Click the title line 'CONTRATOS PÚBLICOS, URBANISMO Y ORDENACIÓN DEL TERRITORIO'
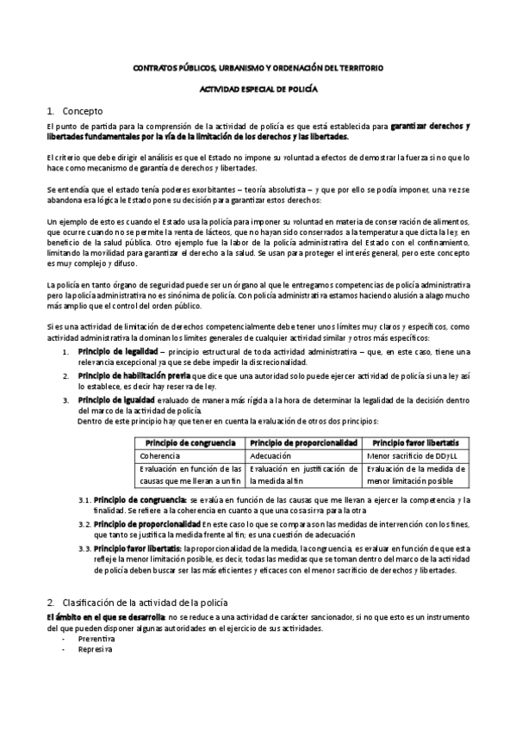pyautogui.click(x=258, y=67)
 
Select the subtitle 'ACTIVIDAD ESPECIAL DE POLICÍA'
pyautogui.click(x=258, y=89)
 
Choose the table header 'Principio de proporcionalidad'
pyautogui.click(x=303, y=442)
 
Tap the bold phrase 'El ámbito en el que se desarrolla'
pyautogui.click(x=94, y=617)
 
